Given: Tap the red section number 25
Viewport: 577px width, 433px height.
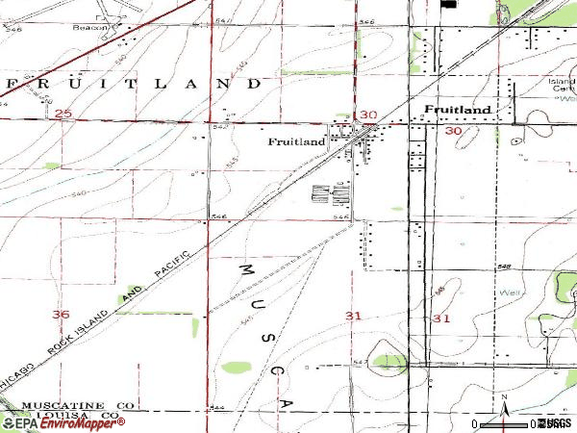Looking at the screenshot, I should point(64,115).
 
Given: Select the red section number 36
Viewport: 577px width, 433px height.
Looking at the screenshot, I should point(62,315).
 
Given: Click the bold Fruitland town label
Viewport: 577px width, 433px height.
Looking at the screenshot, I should point(459,110).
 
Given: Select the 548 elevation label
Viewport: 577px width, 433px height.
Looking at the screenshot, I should point(504,267).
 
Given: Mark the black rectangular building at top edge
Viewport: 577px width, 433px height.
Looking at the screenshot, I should point(448,4).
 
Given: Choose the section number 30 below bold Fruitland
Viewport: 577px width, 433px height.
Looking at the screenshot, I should point(453,130).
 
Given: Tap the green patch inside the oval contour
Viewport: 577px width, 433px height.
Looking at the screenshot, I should point(389,361).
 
